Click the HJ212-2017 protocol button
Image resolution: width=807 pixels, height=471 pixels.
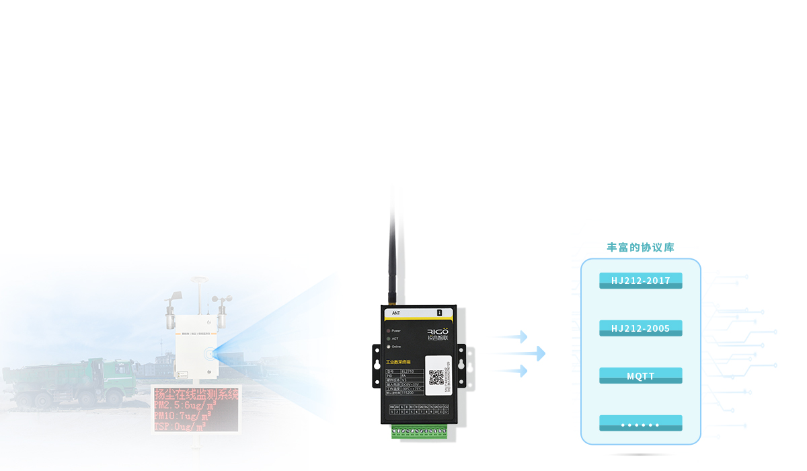tap(640, 281)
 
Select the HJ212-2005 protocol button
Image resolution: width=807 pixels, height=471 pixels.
tap(640, 328)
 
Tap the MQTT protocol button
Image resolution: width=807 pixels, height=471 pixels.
tap(640, 376)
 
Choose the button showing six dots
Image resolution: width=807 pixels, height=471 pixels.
tap(640, 424)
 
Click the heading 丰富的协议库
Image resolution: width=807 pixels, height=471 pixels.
tap(640, 248)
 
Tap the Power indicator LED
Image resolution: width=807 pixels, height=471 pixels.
tap(388, 331)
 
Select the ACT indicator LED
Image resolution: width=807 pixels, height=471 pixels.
tap(388, 338)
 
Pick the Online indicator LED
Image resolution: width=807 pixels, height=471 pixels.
tap(388, 347)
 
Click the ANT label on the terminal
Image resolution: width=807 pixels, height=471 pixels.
tap(396, 313)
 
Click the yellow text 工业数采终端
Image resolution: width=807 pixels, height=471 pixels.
tap(398, 363)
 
